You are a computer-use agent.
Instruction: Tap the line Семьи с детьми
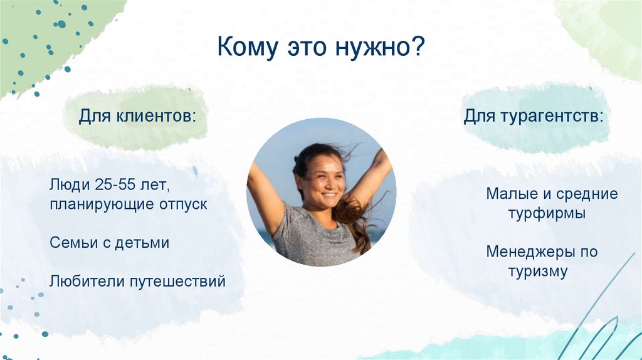tap(110, 243)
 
